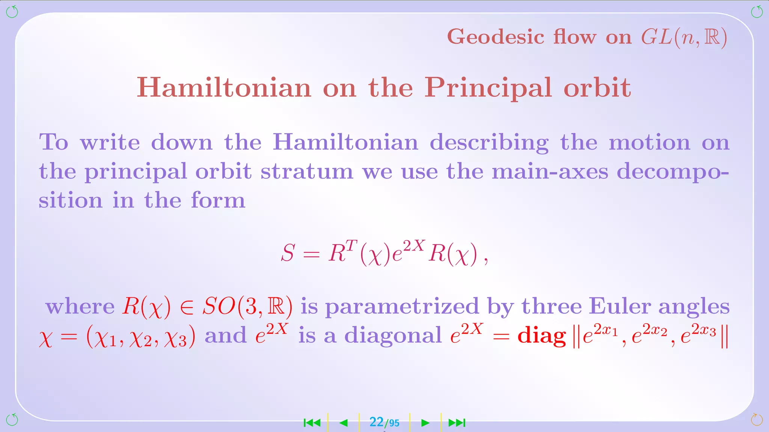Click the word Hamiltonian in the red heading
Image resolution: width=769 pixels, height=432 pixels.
(x=224, y=88)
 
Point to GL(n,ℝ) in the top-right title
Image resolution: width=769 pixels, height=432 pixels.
(x=684, y=37)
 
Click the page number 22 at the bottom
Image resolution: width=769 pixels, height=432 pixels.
(x=376, y=422)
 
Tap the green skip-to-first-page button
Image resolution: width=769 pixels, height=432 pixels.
(x=312, y=423)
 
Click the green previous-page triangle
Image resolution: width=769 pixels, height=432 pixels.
(x=343, y=423)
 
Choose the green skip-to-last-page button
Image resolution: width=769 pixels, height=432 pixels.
(x=457, y=423)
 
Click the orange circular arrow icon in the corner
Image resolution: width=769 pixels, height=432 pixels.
(x=757, y=420)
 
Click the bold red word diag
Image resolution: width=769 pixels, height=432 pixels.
(x=541, y=335)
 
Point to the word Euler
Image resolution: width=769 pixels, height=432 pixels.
(x=620, y=306)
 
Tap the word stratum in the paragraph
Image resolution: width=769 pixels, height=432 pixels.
(x=307, y=171)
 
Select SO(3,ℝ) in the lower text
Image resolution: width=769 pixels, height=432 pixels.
(x=247, y=306)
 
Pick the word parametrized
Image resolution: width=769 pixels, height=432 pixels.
(x=402, y=307)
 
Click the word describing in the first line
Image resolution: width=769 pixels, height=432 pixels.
(x=489, y=142)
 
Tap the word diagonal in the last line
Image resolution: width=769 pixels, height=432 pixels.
(x=393, y=335)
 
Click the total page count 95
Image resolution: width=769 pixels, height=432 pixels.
(x=394, y=423)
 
